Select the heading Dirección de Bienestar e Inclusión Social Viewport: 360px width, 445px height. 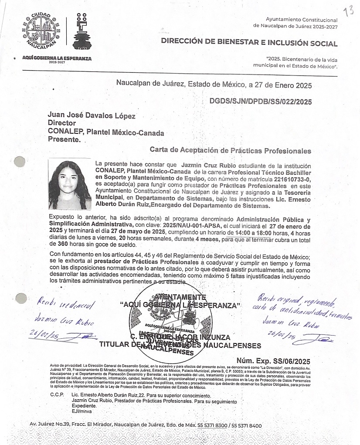click(249, 43)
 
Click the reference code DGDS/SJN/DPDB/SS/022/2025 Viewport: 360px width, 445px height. click(261, 102)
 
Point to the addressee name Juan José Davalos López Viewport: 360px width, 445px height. click(92, 116)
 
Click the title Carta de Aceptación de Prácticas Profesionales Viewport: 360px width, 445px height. click(231, 150)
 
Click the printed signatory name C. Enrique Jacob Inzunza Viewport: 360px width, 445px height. click(180, 338)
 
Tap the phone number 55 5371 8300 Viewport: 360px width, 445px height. click(212, 425)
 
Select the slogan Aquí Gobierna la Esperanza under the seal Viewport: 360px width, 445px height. click(57, 58)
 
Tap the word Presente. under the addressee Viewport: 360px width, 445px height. click(64, 140)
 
